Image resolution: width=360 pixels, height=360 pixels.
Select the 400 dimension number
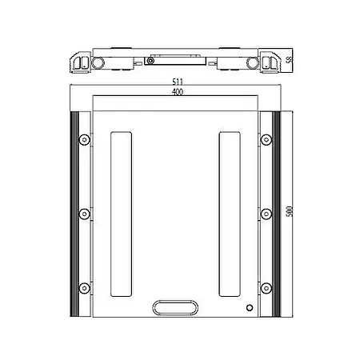(177, 93)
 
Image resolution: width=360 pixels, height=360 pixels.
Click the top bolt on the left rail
(84, 141)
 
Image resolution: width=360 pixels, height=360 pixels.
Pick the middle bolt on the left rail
(84, 214)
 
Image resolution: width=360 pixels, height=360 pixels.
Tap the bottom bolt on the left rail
(84, 286)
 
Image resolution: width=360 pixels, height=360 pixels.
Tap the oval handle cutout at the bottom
(176, 307)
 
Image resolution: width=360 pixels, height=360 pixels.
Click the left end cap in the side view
(80, 61)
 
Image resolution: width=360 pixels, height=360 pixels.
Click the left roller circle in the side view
(98, 62)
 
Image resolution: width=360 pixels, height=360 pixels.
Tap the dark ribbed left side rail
(74, 214)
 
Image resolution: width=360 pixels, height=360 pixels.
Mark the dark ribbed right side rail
(278, 214)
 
